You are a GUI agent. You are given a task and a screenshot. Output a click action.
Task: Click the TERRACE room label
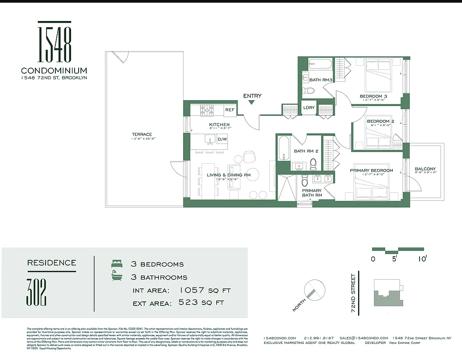tap(142, 134)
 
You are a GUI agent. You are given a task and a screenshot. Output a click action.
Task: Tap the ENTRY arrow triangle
tap(252, 102)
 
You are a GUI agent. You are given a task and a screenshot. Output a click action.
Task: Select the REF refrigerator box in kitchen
tap(230, 110)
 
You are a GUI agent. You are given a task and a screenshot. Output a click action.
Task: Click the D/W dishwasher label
tap(222, 140)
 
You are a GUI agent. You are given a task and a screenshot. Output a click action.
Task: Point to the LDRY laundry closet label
tap(309, 108)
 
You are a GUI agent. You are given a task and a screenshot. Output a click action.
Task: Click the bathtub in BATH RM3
tap(320, 64)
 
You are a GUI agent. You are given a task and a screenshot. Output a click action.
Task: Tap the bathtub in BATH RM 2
tap(284, 148)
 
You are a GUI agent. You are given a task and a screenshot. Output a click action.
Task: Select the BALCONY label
tap(425, 169)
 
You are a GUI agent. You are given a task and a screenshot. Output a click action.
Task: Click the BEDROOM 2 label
tap(380, 121)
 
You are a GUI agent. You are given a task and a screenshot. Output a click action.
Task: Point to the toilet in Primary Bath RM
tap(305, 180)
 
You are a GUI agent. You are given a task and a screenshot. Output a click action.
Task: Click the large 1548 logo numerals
tap(54, 43)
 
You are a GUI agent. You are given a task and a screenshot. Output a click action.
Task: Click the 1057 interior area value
tap(193, 290)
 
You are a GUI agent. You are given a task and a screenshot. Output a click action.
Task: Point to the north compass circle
tap(314, 290)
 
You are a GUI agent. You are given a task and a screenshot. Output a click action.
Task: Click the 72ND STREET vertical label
tap(353, 293)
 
